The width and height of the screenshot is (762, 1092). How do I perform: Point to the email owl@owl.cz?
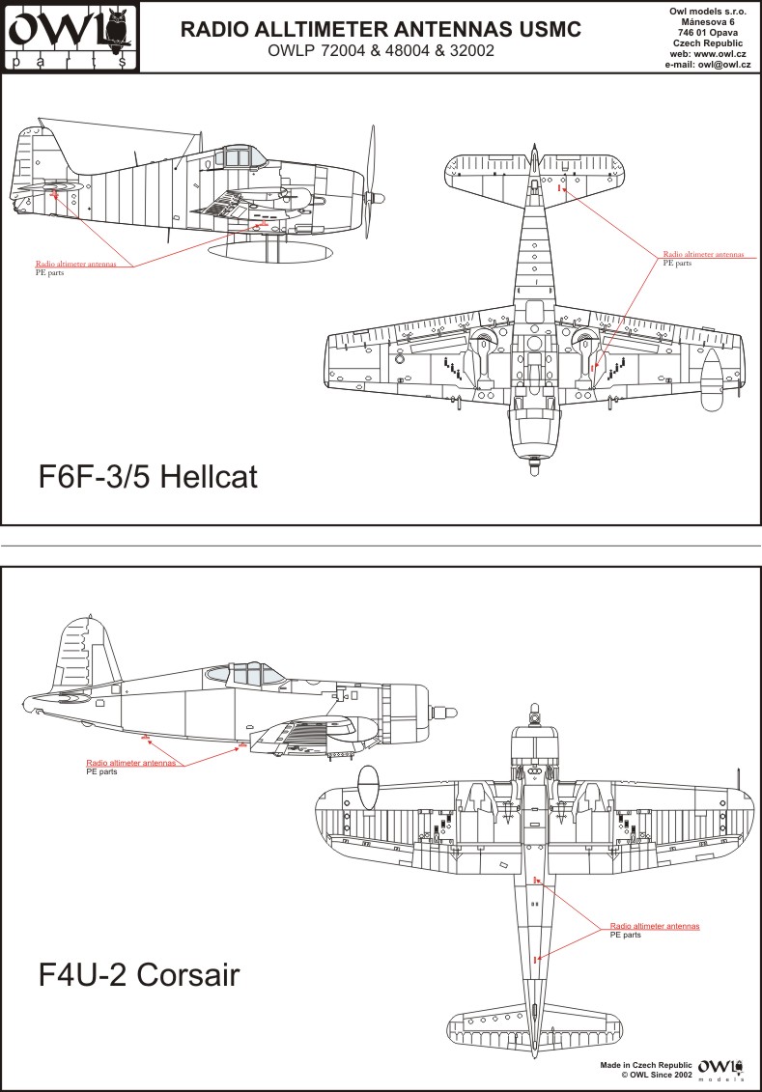tap(724, 64)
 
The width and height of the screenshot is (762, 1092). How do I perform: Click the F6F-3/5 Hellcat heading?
tap(148, 477)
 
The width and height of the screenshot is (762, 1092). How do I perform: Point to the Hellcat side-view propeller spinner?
tap(376, 199)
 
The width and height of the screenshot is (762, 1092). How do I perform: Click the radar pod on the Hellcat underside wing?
tap(711, 379)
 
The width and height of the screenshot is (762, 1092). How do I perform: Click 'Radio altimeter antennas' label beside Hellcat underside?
tap(703, 254)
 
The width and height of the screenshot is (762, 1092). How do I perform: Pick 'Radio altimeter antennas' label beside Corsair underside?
tap(655, 926)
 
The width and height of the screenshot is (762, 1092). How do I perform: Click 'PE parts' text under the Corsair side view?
tap(101, 771)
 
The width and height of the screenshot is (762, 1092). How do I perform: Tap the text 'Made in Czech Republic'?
tap(646, 1066)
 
